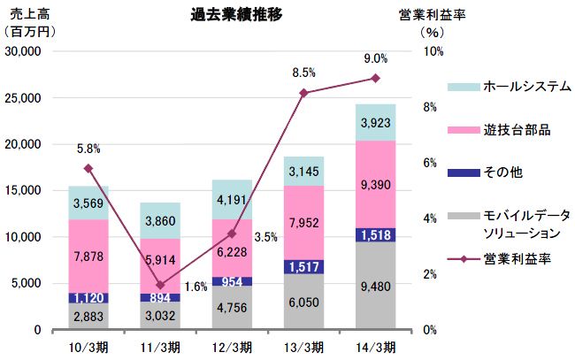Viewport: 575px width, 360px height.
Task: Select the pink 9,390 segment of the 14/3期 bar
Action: click(x=375, y=183)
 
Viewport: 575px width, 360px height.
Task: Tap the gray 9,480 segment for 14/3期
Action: click(x=375, y=285)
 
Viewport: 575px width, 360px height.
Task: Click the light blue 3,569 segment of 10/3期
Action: click(x=88, y=203)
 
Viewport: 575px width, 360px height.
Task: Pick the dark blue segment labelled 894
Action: click(x=160, y=297)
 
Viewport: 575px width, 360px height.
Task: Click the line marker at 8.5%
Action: click(x=303, y=93)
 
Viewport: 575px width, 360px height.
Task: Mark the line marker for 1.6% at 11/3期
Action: click(x=160, y=285)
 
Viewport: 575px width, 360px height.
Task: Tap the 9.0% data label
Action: click(x=375, y=58)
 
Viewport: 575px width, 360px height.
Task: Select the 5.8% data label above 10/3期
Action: click(x=88, y=149)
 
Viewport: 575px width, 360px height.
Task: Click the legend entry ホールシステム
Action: click(x=527, y=87)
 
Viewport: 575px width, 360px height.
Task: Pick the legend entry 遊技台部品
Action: click(x=517, y=130)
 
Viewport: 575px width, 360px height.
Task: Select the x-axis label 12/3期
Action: click(x=232, y=345)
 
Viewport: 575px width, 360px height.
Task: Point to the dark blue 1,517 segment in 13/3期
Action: click(x=303, y=266)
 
